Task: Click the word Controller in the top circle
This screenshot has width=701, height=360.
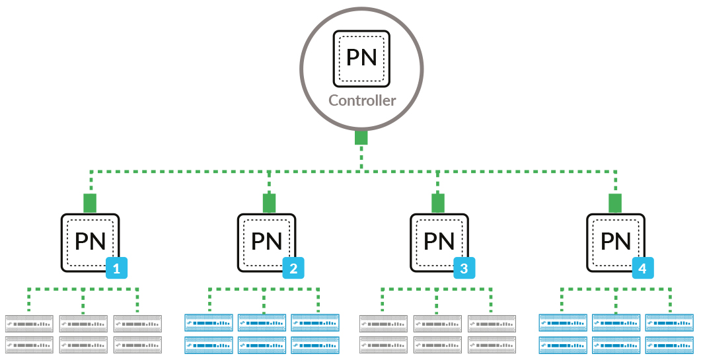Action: (x=362, y=101)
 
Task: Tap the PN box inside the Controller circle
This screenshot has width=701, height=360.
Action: (x=362, y=57)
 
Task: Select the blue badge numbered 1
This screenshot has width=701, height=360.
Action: (x=116, y=268)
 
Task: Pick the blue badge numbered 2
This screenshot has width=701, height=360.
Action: (x=293, y=268)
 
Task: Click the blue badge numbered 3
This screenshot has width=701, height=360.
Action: (x=464, y=268)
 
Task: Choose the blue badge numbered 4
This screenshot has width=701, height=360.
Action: (x=643, y=268)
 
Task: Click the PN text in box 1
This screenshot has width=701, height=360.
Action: (x=91, y=241)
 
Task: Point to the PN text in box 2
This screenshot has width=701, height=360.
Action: (x=267, y=241)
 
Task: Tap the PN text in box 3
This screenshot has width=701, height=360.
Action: (x=439, y=241)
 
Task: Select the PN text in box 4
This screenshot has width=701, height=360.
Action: (x=616, y=241)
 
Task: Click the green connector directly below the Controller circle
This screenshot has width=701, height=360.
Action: (x=361, y=137)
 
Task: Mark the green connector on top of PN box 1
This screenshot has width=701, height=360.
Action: (x=90, y=203)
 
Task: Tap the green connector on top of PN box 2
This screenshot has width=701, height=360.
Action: (x=269, y=203)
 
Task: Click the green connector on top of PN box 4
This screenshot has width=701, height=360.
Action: (x=615, y=203)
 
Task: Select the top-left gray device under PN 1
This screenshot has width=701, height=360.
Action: (x=30, y=324)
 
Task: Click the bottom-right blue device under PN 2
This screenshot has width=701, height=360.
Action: (x=315, y=344)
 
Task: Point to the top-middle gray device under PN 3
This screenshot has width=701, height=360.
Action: (x=437, y=324)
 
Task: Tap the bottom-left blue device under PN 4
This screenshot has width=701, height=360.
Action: (x=563, y=344)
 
